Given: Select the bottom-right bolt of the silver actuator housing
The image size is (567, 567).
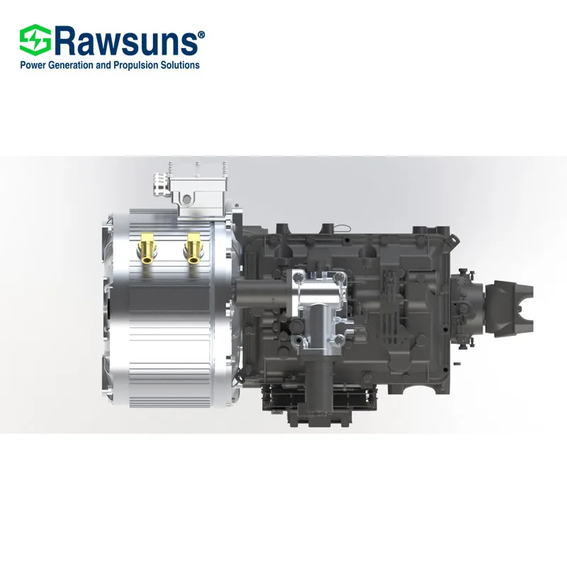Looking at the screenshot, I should coord(340,344).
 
